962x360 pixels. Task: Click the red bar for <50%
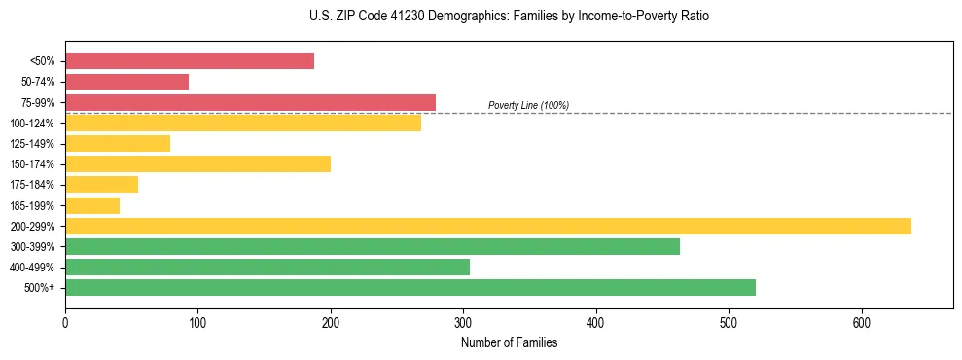[190, 61]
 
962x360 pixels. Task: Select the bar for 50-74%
[126, 82]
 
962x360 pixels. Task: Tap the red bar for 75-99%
[250, 102]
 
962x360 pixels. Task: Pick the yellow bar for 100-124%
[243, 123]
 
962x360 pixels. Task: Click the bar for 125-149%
[118, 144]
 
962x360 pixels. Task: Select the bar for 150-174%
[197, 164]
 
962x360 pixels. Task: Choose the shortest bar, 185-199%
[92, 205]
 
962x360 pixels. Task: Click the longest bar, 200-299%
[488, 226]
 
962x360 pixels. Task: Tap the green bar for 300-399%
[373, 246]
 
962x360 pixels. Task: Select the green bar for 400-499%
[267, 267]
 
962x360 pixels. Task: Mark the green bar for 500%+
[410, 287]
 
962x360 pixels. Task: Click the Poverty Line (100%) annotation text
[528, 105]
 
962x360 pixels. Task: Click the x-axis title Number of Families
[509, 342]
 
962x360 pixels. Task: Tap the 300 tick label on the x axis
[463, 323]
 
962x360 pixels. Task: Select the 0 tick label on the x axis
[65, 323]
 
